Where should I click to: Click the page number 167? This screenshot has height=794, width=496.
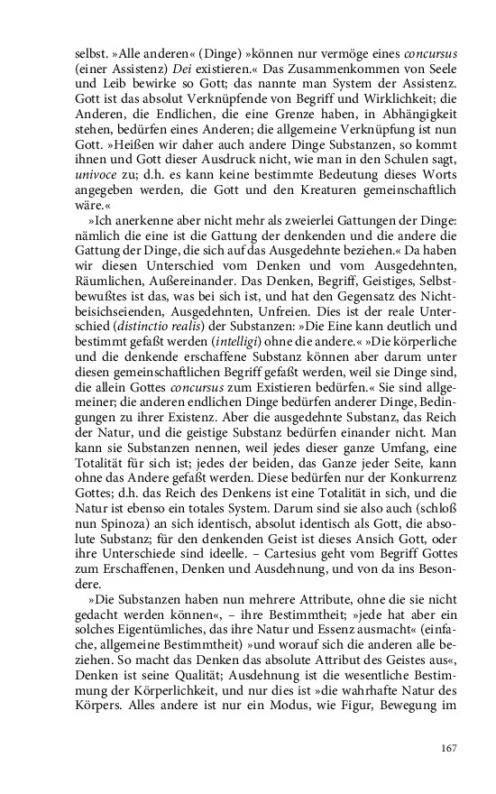coord(448,747)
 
